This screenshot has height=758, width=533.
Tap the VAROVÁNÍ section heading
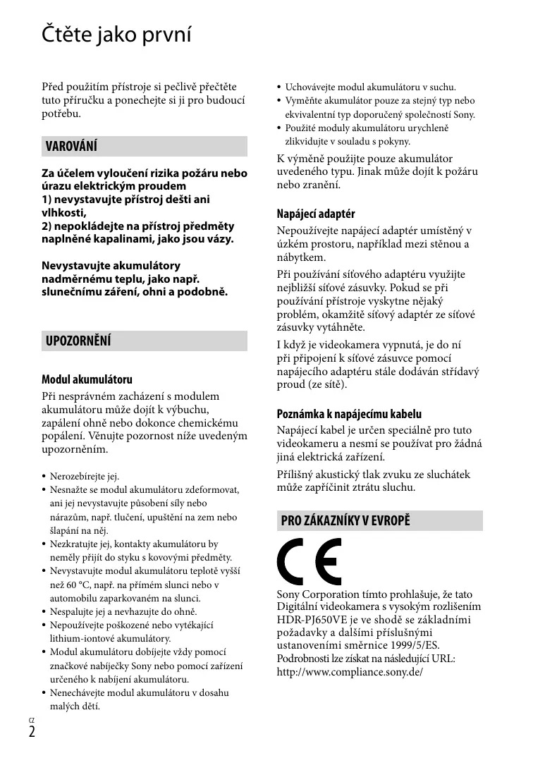point(71,147)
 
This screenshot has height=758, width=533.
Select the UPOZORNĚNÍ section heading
point(78,341)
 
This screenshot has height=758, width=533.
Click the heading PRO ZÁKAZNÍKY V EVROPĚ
point(345,521)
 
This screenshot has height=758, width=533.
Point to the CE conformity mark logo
point(309,563)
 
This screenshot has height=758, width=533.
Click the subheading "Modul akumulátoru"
point(87,379)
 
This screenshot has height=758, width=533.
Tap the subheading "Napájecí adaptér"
point(315,213)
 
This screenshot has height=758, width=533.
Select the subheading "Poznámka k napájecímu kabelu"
point(349,414)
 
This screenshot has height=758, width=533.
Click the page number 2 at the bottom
point(32,731)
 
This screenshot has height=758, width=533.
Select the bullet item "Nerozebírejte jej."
point(84,476)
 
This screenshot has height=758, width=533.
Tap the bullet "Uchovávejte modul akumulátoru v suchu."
point(370,87)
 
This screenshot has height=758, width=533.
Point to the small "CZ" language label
point(31,719)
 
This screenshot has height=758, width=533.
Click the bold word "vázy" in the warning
point(216,239)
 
